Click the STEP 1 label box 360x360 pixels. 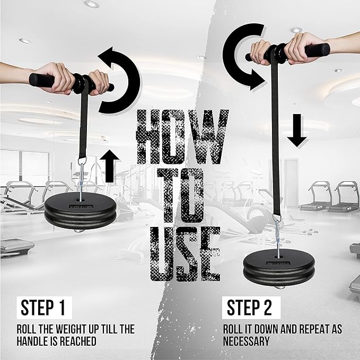[45, 308]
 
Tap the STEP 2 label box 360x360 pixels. [251, 308]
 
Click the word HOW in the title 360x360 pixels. [182, 137]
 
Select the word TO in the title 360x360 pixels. [181, 196]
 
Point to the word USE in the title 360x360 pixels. [185, 254]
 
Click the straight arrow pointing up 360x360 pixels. [110, 166]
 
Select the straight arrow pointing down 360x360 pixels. [297, 130]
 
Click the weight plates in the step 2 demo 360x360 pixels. [279, 268]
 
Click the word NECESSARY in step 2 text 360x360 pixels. [246, 341]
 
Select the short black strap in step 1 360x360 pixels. [84, 119]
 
